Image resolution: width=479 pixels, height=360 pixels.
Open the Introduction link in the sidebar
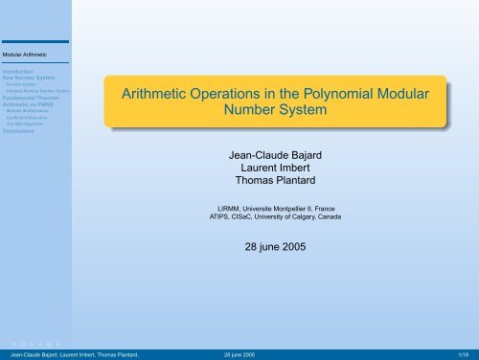coord(19,71)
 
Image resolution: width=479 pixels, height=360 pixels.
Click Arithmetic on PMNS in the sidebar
coord(29,104)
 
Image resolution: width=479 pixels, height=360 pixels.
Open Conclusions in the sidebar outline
coord(19,131)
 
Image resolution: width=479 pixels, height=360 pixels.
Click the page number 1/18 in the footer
coord(464,353)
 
